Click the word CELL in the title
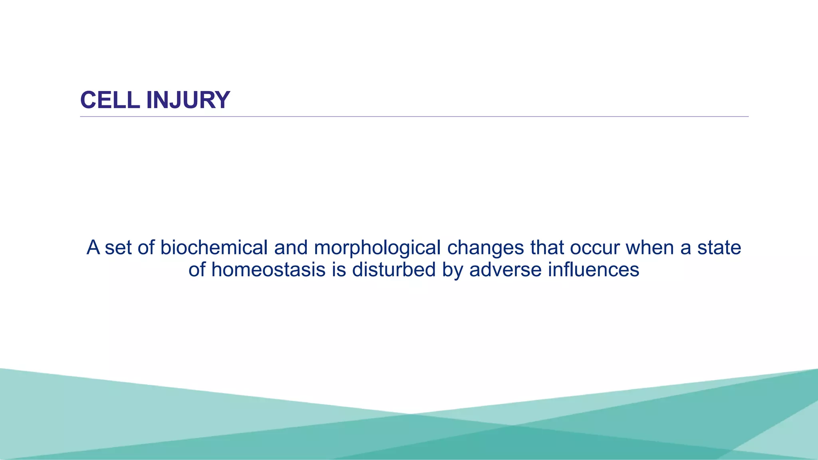click(x=110, y=100)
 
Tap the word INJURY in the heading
click(x=188, y=100)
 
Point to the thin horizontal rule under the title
click(x=414, y=117)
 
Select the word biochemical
click(x=214, y=248)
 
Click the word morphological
click(x=377, y=248)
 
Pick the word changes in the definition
click(x=485, y=248)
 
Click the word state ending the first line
click(x=719, y=248)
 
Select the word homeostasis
click(x=268, y=270)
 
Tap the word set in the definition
click(x=118, y=248)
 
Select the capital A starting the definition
click(x=93, y=248)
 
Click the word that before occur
click(x=547, y=248)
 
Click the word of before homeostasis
click(x=197, y=270)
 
